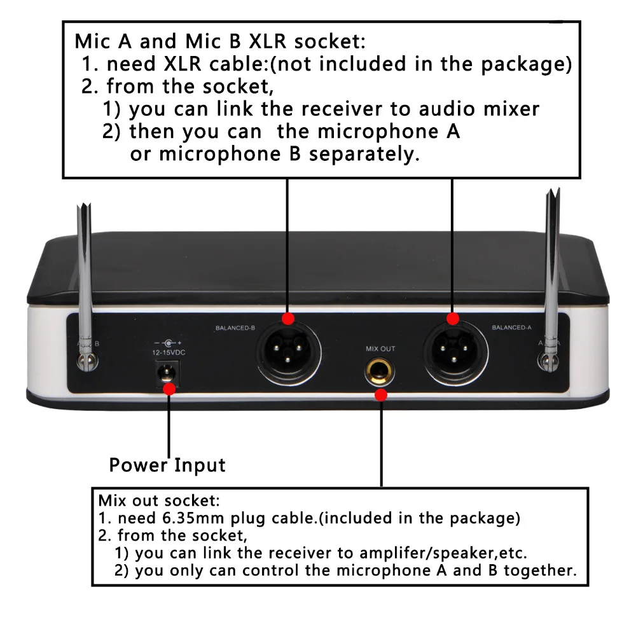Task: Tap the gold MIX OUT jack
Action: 381,371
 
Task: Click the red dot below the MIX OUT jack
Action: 381,395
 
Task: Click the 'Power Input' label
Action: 167,465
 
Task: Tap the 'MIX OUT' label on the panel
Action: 380,349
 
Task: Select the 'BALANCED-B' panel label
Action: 235,329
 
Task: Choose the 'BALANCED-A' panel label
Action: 512,328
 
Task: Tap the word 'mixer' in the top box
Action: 511,109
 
